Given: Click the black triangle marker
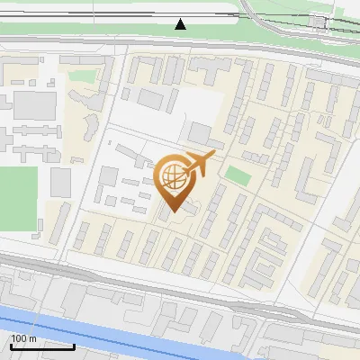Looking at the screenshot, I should point(181,24).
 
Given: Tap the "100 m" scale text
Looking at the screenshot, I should point(24,338).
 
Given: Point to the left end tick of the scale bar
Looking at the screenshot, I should point(10,345).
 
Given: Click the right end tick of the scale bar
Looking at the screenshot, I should point(74,345).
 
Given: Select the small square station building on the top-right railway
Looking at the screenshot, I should point(318,22).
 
